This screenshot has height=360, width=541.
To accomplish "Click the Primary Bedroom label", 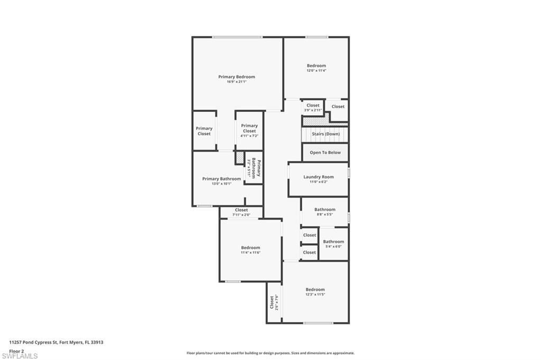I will [x=236, y=77].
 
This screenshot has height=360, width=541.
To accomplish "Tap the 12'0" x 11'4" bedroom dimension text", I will [x=316, y=71].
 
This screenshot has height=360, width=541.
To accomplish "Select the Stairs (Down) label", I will [x=325, y=134].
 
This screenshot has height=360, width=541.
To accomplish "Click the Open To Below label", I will [x=325, y=153].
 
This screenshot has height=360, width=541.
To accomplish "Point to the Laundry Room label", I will [x=318, y=177].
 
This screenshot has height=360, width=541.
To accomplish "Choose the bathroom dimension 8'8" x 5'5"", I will [x=324, y=214].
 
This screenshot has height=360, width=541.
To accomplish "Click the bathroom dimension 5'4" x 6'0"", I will [x=333, y=247].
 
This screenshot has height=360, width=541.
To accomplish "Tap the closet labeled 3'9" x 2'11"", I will [x=313, y=110].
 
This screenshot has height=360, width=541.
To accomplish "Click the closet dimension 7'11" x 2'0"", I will [x=241, y=215].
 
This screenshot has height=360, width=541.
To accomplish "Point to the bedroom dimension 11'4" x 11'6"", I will [x=250, y=252].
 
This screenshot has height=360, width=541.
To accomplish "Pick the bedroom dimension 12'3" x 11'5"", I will [x=315, y=295].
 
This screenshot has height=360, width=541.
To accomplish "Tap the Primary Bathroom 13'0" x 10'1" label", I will [x=221, y=184].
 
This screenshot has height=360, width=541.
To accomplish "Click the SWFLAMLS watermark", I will [x=20, y=356].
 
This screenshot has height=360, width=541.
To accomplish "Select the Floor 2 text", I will [x=16, y=350].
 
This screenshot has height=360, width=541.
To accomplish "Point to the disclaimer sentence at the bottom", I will [x=270, y=353].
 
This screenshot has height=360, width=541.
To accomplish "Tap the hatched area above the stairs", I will [x=312, y=121].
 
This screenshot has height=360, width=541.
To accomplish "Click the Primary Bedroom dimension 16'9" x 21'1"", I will [x=236, y=82].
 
